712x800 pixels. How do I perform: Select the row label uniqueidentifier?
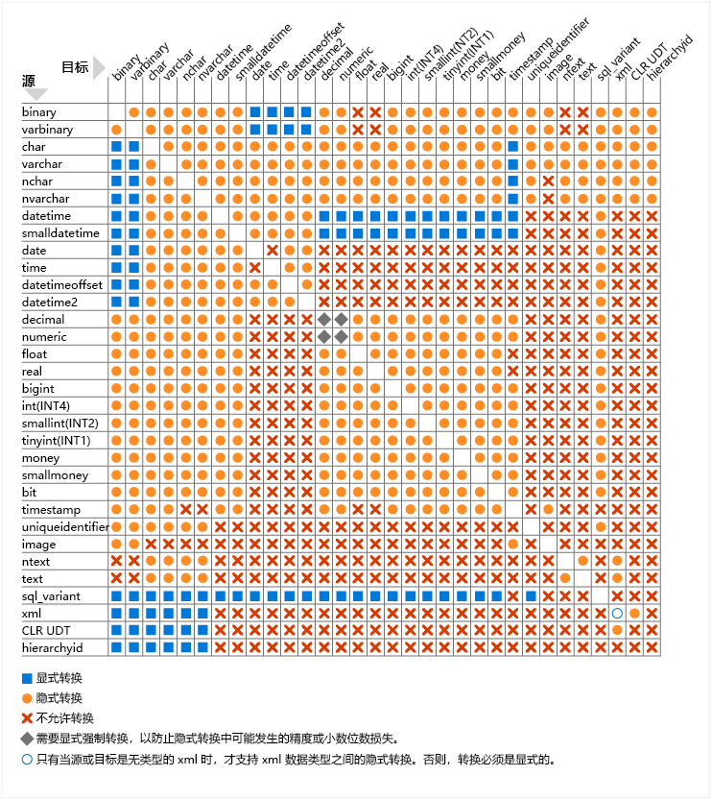[x=64, y=527]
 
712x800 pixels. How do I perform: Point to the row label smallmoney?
[x=55, y=475]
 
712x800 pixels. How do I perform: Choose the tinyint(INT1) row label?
[x=56, y=441]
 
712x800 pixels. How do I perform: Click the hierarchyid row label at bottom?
[x=52, y=648]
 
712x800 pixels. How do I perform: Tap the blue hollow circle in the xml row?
[x=617, y=614]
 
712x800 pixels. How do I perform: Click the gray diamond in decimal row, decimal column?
[x=324, y=320]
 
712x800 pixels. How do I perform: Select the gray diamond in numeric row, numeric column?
[x=342, y=337]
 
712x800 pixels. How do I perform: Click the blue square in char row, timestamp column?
[x=513, y=147]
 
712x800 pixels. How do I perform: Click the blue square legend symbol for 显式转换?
[x=26, y=679]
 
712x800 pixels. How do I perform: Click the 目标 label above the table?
[x=75, y=67]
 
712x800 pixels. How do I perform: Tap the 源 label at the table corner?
[x=30, y=83]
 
